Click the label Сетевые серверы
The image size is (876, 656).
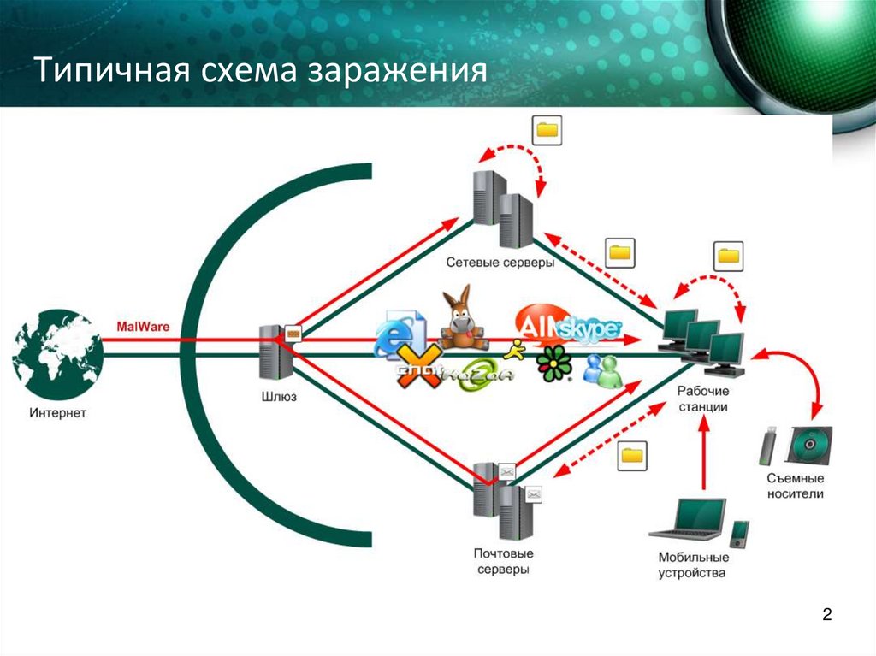pos(500,263)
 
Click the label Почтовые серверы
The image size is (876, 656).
pos(500,560)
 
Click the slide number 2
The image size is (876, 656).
pos(826,615)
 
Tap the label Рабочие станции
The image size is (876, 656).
pos(702,399)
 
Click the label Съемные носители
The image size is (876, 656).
pos(796,486)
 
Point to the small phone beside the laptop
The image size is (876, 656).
pos(739,534)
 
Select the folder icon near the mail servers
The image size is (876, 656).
pos(632,455)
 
